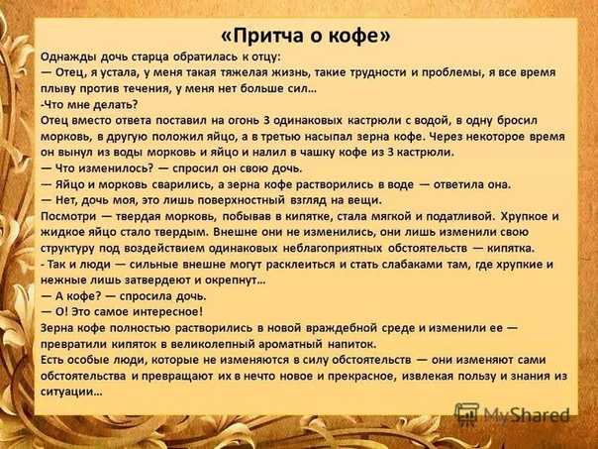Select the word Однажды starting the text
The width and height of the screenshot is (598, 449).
tap(68, 57)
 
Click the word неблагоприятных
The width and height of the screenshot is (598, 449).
tap(333, 248)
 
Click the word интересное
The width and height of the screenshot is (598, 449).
tap(168, 312)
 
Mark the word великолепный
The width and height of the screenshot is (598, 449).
tap(213, 344)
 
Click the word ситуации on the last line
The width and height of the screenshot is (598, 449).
tap(71, 393)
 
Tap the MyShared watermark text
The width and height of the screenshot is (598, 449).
tap(527, 414)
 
